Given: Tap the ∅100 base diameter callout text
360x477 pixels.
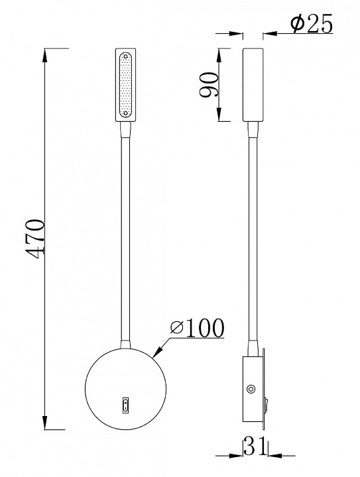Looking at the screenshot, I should point(196,327).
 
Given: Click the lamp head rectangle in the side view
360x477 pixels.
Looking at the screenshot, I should point(253,85).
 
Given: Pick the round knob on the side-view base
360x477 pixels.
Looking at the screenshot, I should point(251,390).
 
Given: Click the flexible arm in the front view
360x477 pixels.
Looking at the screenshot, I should point(124,232).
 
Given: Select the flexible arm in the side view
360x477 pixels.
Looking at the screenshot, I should point(253,232).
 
